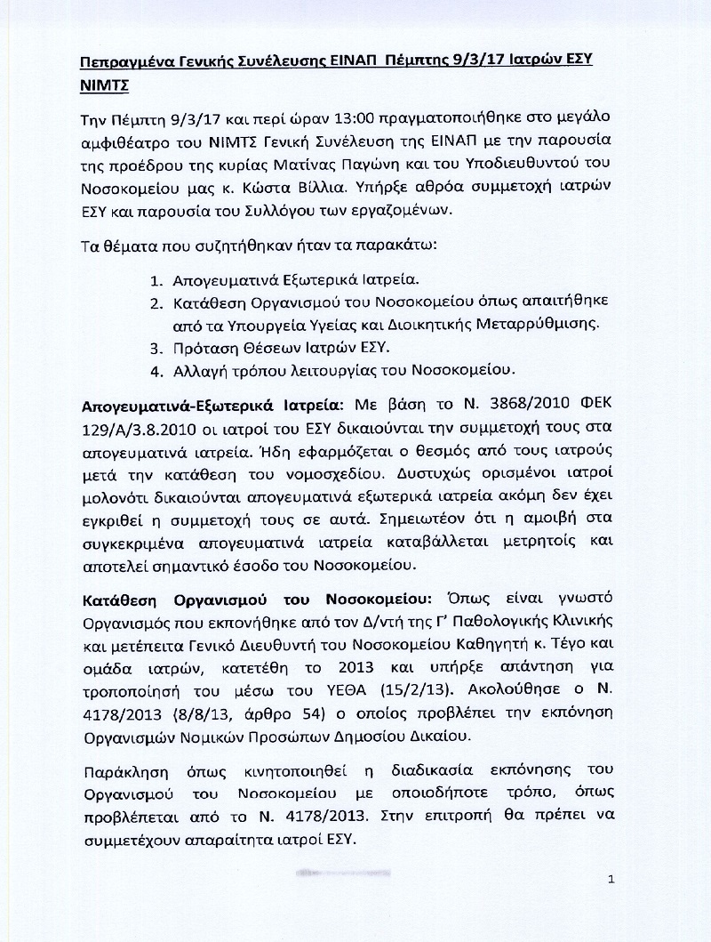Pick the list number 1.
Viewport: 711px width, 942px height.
(x=154, y=277)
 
